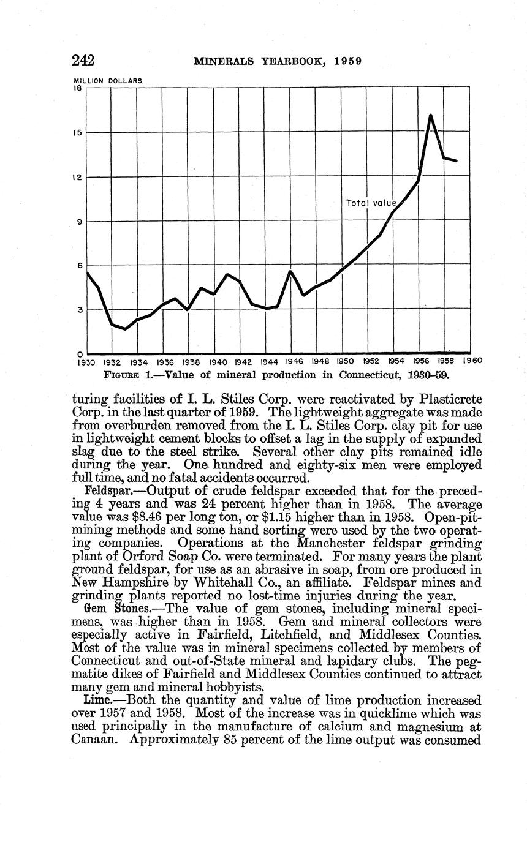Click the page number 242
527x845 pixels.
(x=83, y=60)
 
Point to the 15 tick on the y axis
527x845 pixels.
(x=78, y=133)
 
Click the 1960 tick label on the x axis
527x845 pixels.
(x=472, y=361)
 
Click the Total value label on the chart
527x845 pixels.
(x=371, y=203)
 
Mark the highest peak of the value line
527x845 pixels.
(x=431, y=115)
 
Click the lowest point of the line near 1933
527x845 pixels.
(x=125, y=329)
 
